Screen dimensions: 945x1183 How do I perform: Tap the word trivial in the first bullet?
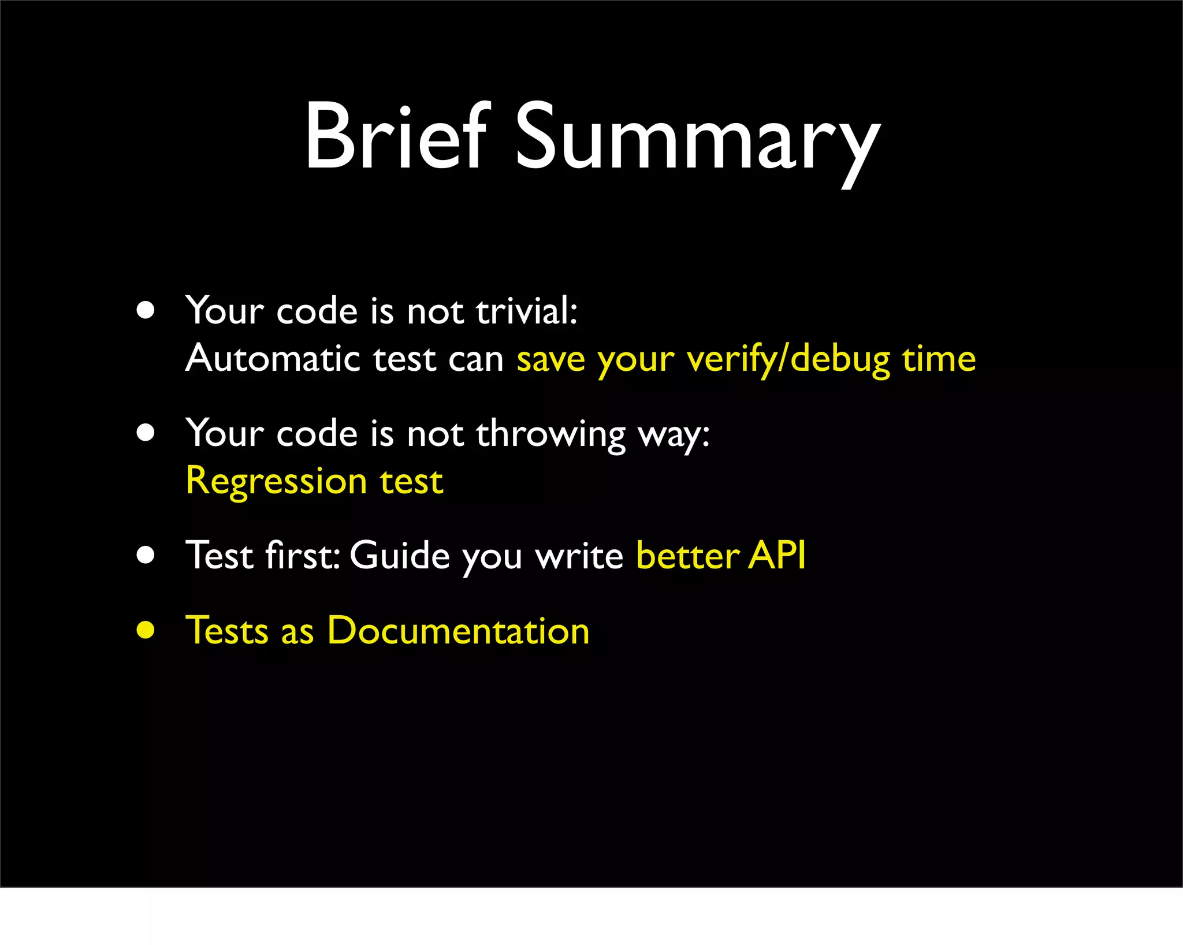(526, 311)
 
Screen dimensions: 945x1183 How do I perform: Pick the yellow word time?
(939, 359)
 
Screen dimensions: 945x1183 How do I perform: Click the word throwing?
(550, 434)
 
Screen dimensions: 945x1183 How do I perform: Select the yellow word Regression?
(276, 482)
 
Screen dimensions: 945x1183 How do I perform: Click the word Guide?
(399, 556)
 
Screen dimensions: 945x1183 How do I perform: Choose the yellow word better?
(687, 556)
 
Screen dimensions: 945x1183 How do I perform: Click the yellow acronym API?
(777, 556)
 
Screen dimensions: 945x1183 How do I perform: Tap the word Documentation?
(458, 630)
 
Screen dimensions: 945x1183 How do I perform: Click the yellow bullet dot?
(146, 630)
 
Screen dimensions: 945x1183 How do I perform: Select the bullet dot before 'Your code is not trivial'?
(146, 310)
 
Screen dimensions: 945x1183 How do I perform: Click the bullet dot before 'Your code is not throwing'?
(146, 433)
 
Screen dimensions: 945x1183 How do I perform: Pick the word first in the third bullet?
(302, 556)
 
